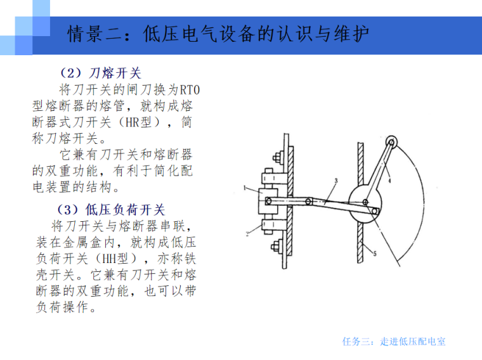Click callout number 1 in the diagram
click(x=245, y=188)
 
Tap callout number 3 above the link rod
click(x=336, y=181)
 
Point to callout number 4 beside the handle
click(x=389, y=181)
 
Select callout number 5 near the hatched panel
click(x=375, y=254)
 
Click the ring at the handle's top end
click(x=392, y=142)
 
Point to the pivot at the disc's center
click(x=365, y=202)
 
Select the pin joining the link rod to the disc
click(x=375, y=211)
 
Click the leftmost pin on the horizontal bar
click(x=268, y=201)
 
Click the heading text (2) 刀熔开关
click(x=100, y=73)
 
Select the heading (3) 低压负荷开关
click(x=111, y=210)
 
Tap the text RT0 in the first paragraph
click(x=190, y=90)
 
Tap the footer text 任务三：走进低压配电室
click(x=394, y=341)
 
